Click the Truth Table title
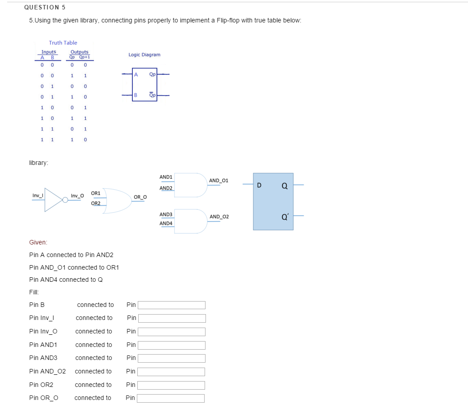[x=63, y=43]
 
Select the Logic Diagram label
[x=144, y=55]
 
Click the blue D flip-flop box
[x=273, y=201]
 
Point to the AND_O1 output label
[x=219, y=181]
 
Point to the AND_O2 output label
[x=219, y=217]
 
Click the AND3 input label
[x=166, y=214]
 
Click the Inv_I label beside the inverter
[x=38, y=195]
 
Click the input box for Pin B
[x=171, y=305]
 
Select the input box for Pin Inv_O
[x=171, y=332]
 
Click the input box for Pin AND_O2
[x=171, y=372]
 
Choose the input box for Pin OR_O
[x=171, y=398]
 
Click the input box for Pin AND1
[x=171, y=345]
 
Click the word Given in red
[x=38, y=242]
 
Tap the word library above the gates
[x=39, y=163]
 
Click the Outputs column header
[x=79, y=52]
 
